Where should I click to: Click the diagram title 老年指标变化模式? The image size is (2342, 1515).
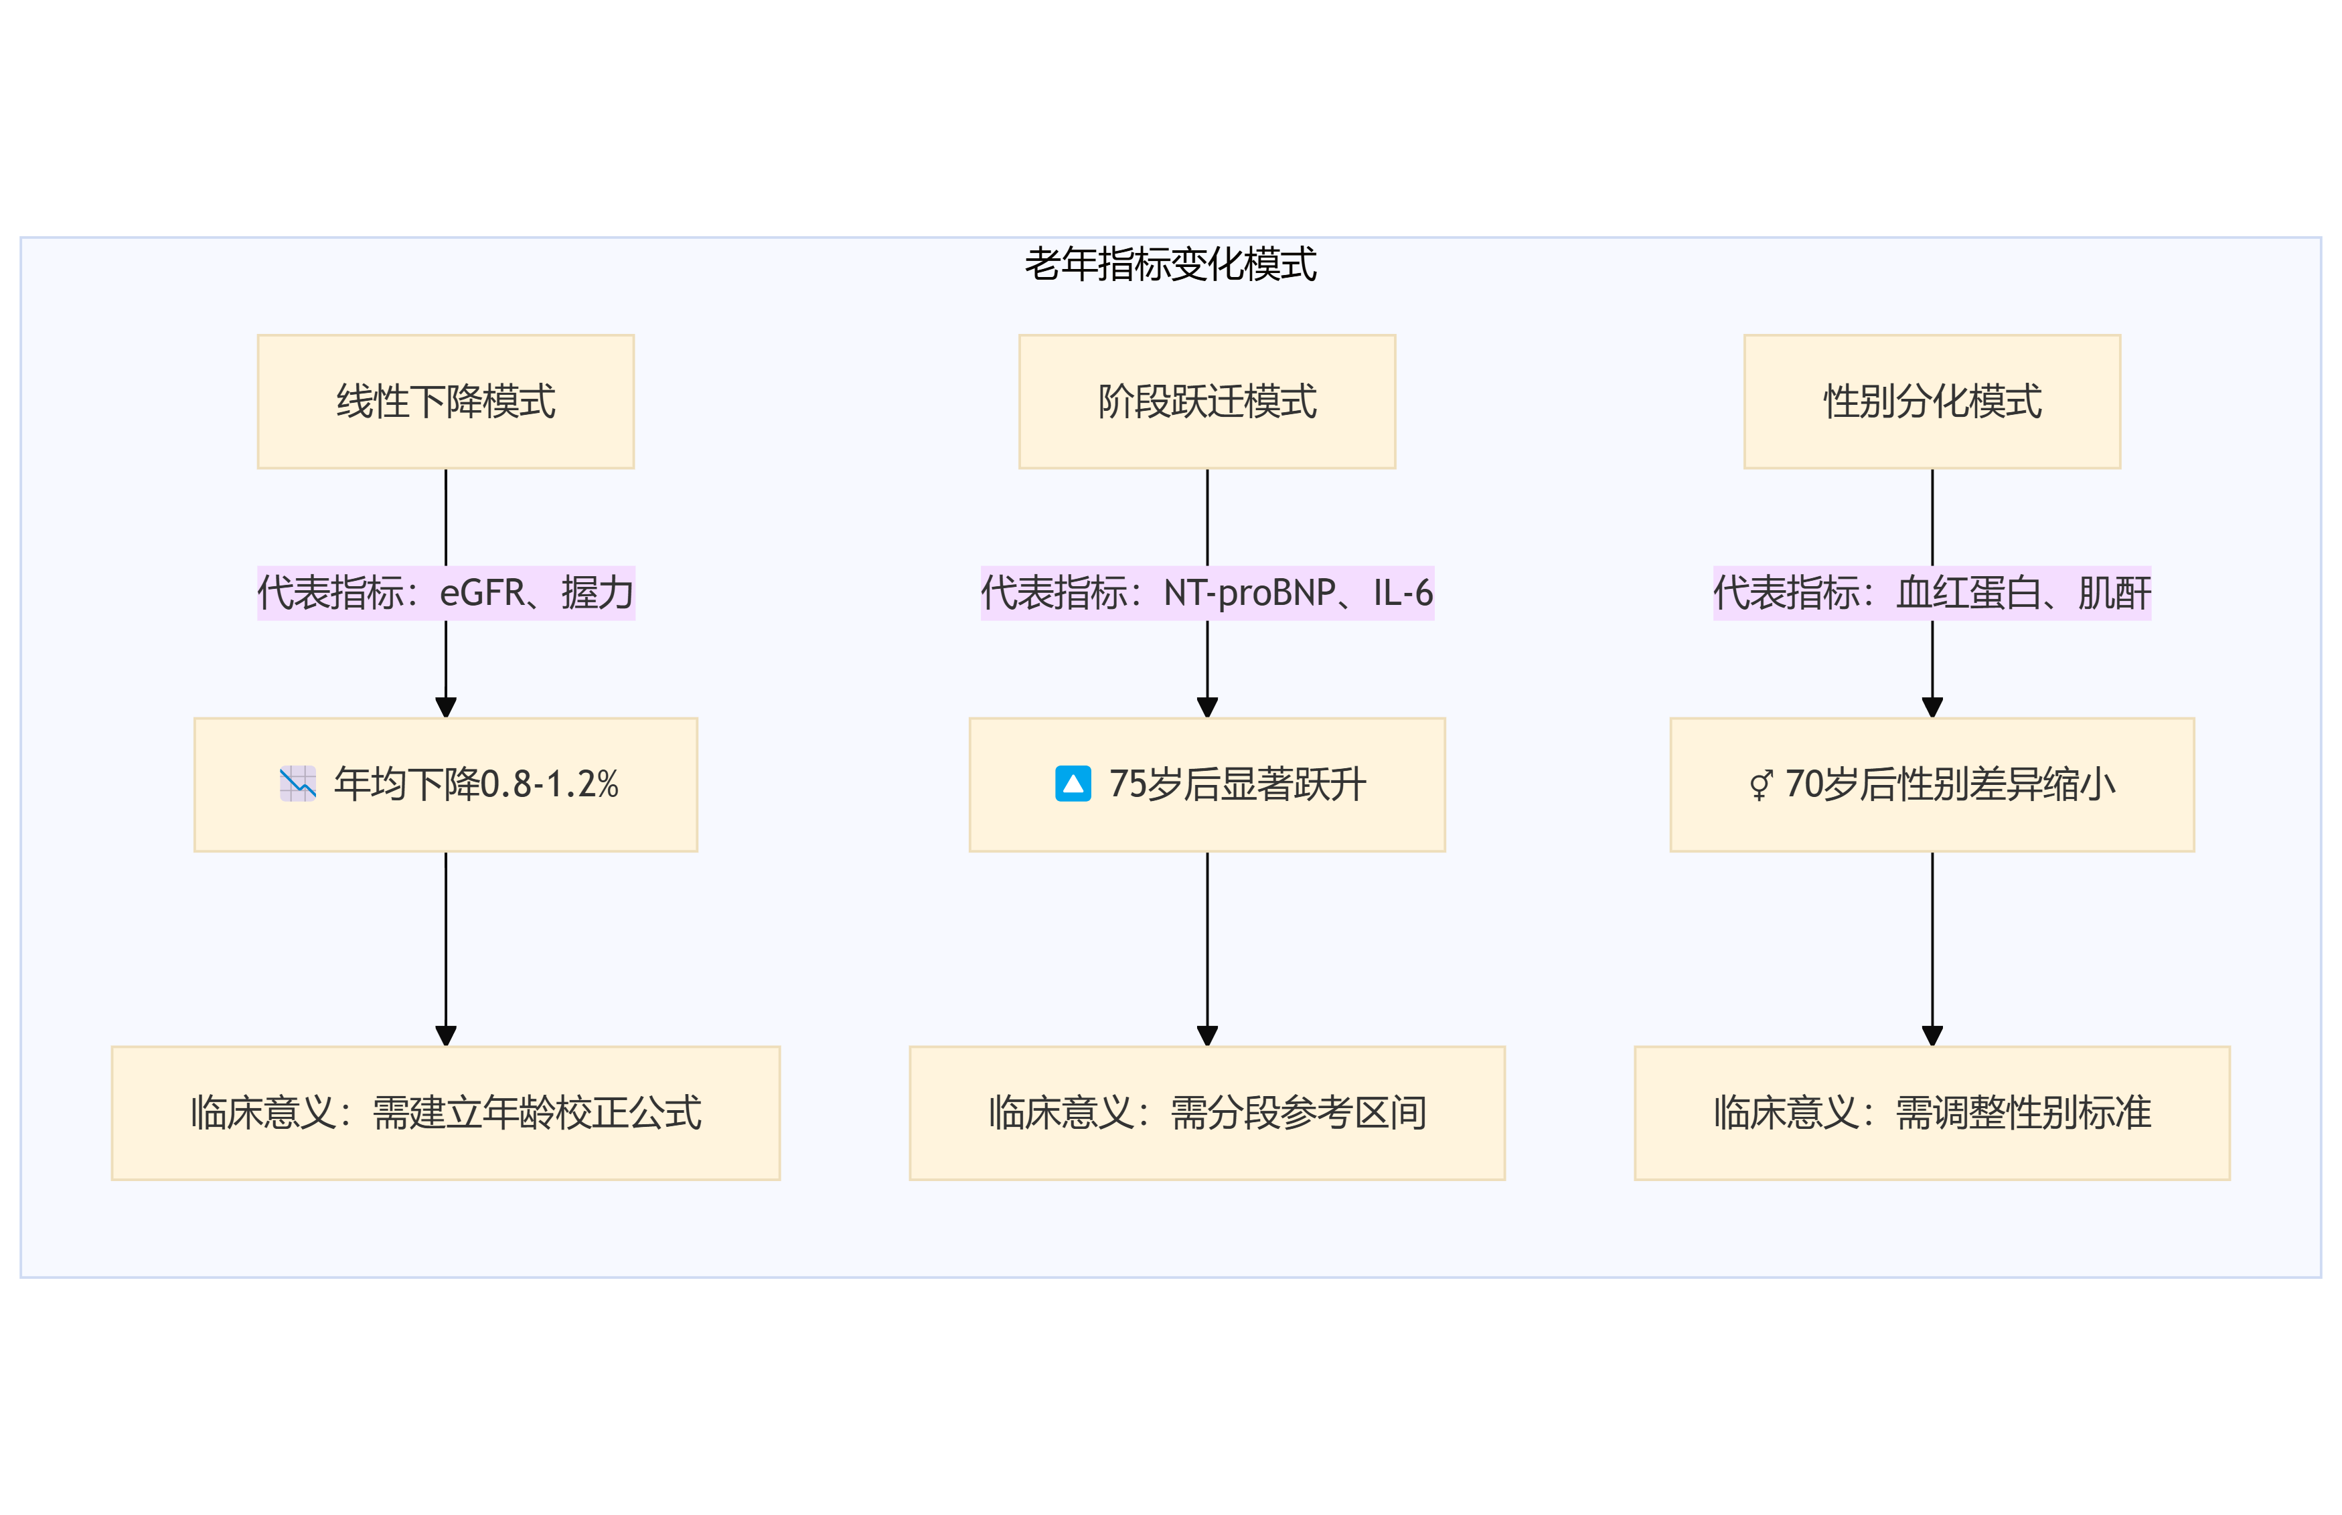pyautogui.click(x=1170, y=264)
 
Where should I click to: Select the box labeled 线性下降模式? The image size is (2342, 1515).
pyautogui.click(x=446, y=402)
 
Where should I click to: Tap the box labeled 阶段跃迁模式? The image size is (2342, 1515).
pyautogui.click(x=1206, y=402)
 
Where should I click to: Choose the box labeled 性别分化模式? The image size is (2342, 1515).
pyautogui.click(x=1932, y=402)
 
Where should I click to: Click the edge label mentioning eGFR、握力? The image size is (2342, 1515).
pyautogui.click(x=446, y=593)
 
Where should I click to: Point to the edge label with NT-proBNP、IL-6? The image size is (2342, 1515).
pyautogui.click(x=1206, y=593)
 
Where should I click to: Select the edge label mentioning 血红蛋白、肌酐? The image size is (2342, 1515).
pyautogui.click(x=1932, y=593)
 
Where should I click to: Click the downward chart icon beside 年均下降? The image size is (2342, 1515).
pyautogui.click(x=297, y=784)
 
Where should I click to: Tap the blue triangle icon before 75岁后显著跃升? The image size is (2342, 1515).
pyautogui.click(x=1073, y=784)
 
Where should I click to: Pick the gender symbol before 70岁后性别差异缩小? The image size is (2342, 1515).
pyautogui.click(x=1760, y=785)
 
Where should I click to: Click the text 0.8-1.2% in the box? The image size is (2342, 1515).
pyautogui.click(x=549, y=784)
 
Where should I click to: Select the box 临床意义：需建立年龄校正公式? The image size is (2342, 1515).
pyautogui.click(x=446, y=1113)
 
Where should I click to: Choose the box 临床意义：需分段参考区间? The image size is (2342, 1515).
pyautogui.click(x=1206, y=1113)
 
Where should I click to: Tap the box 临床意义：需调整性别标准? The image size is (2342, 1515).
pyautogui.click(x=1932, y=1113)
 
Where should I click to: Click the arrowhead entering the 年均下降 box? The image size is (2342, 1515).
pyautogui.click(x=446, y=707)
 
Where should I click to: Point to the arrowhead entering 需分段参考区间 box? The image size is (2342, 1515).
pyautogui.click(x=1207, y=1035)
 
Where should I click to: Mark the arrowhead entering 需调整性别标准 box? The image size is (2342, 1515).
pyautogui.click(x=1932, y=1035)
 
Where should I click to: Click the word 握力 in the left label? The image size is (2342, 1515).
pyautogui.click(x=597, y=593)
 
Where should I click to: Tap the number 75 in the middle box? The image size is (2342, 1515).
pyautogui.click(x=1127, y=784)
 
